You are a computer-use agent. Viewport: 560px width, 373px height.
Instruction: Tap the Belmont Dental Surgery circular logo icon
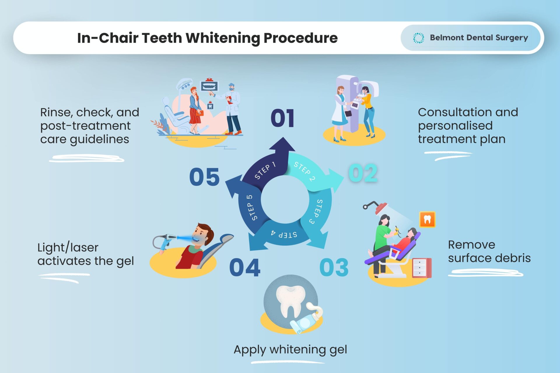point(419,38)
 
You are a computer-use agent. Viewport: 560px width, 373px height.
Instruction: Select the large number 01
point(282,118)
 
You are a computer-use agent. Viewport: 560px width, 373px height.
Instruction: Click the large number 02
point(363,173)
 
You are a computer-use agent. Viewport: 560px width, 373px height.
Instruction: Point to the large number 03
point(334,267)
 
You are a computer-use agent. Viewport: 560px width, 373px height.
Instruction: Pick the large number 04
point(245,267)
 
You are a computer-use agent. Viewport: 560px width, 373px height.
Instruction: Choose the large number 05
point(204,177)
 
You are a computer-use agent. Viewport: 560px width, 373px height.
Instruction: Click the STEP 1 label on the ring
point(265,171)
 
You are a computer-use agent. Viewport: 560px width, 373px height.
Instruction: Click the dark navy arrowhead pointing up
point(282,145)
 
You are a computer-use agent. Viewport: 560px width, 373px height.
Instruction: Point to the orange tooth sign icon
point(427,219)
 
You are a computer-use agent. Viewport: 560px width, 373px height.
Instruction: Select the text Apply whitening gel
point(290,350)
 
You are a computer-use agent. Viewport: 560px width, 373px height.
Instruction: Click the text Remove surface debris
point(489,251)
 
